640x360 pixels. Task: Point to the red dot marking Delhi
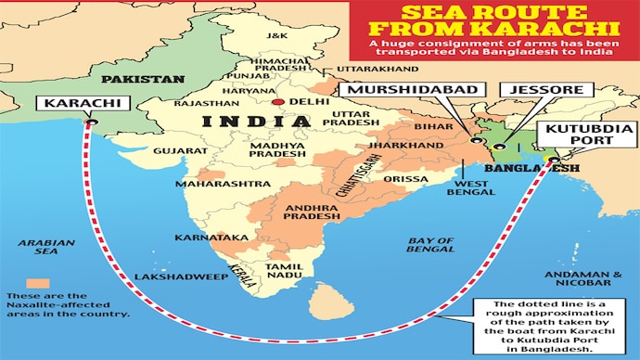[278, 101]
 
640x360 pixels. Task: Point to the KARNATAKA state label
[217, 238]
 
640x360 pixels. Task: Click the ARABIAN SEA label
[38, 246]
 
